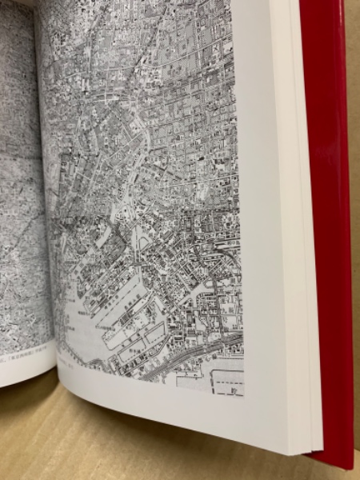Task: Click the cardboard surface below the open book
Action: point(120,448)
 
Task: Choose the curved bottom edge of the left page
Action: point(24,379)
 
